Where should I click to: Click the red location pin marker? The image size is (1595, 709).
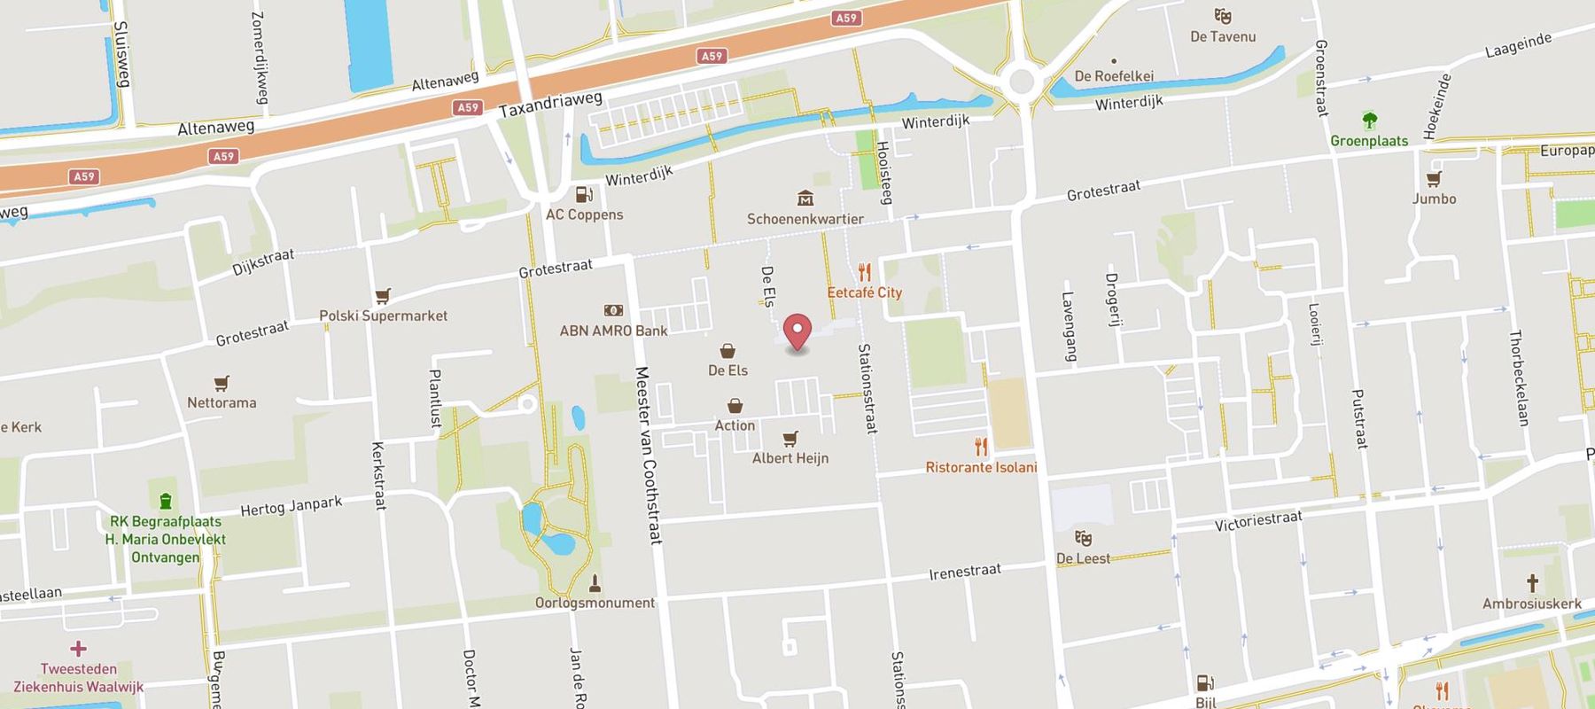click(797, 331)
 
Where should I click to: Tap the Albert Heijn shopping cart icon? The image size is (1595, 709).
click(790, 439)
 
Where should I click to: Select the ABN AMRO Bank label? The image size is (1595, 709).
click(613, 331)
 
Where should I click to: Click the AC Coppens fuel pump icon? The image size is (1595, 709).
click(583, 195)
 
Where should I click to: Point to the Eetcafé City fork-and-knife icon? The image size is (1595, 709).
click(865, 272)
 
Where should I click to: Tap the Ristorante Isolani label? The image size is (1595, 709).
click(981, 467)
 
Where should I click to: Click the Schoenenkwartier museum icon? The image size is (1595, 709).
click(805, 198)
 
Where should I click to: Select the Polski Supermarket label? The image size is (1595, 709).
click(383, 316)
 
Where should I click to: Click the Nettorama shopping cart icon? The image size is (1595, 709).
click(221, 383)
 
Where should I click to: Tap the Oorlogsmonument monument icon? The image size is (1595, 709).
click(595, 583)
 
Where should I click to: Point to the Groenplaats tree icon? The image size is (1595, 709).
click(1369, 121)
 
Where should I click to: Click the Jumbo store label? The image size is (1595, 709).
click(1434, 199)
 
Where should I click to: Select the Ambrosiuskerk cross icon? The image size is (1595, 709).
click(1531, 583)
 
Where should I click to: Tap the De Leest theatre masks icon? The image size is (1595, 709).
click(1083, 538)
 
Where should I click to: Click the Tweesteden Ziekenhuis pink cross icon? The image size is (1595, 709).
click(78, 649)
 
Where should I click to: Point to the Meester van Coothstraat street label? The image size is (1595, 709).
click(649, 454)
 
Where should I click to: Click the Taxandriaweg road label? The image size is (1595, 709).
click(549, 105)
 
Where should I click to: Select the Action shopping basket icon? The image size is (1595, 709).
click(735, 406)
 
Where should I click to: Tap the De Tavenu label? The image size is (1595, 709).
click(1223, 36)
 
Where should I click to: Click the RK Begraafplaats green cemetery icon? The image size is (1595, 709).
click(165, 501)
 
